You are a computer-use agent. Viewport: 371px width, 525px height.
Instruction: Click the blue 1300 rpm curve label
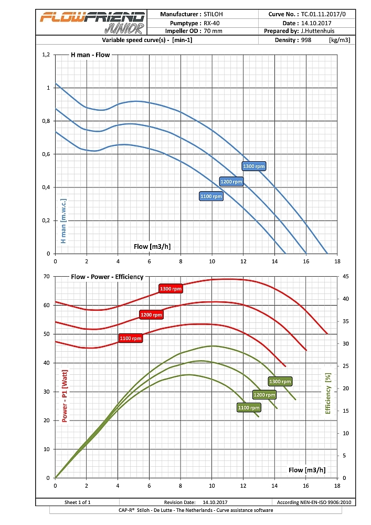(254, 166)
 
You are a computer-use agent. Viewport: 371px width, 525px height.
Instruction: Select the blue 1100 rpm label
(211, 196)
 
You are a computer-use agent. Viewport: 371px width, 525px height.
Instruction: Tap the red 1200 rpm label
(151, 314)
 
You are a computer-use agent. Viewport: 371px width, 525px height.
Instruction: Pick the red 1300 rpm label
(171, 288)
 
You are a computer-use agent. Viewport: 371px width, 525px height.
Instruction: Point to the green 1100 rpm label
(249, 407)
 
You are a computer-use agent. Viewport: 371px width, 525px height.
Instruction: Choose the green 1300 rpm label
(280, 381)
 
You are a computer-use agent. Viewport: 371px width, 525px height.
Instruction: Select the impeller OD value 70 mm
(213, 31)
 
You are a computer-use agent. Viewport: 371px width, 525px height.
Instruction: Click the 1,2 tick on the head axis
(46, 55)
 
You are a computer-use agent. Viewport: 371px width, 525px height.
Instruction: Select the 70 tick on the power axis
(46, 276)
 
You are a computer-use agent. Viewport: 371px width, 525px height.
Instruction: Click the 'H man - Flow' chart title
(90, 55)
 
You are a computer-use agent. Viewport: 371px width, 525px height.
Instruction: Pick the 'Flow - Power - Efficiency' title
(107, 276)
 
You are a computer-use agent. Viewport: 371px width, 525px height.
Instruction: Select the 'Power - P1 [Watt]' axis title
(65, 396)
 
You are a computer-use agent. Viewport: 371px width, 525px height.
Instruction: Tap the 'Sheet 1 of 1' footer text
(77, 502)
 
